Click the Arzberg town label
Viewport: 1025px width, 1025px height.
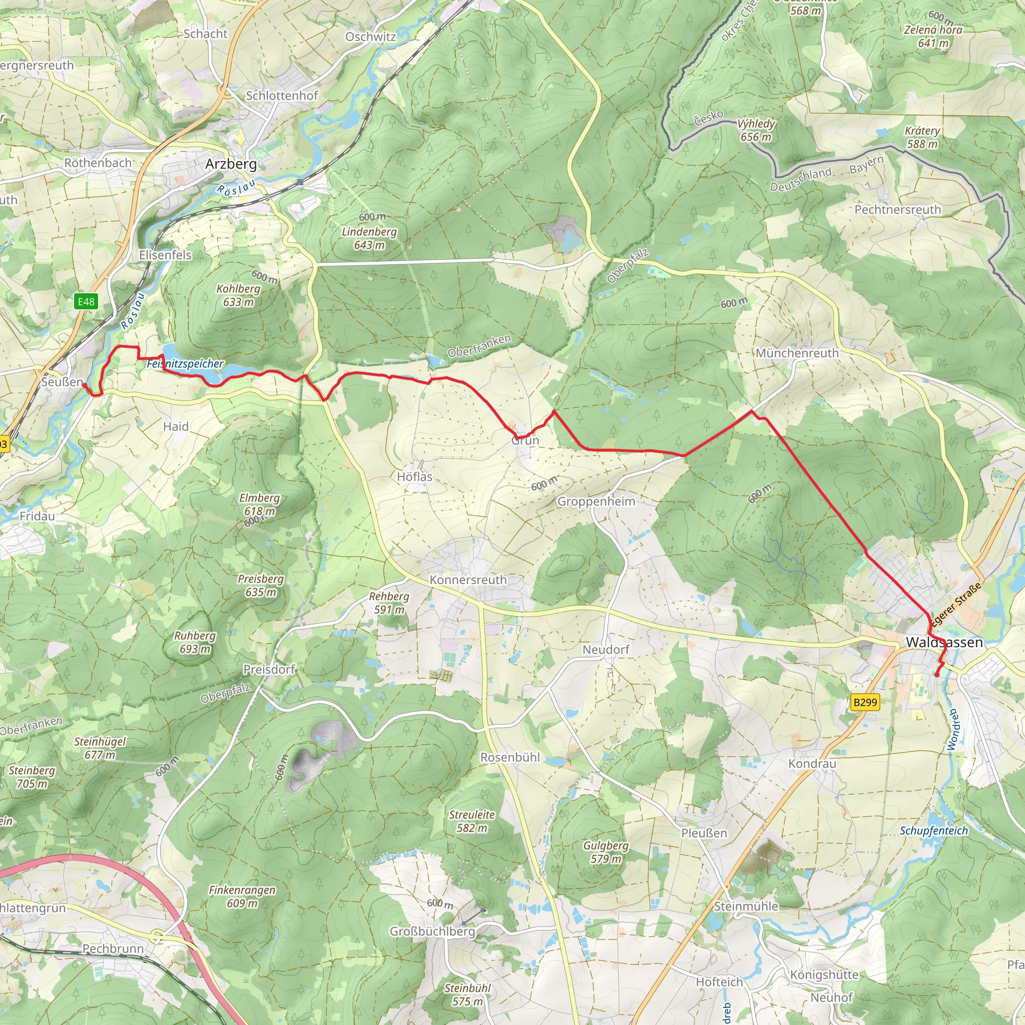coord(231,164)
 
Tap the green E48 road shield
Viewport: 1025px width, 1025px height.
coord(86,302)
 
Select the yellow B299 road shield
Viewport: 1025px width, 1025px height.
coord(865,702)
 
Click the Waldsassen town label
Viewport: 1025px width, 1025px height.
coord(944,642)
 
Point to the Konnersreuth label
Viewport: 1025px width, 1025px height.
coord(468,580)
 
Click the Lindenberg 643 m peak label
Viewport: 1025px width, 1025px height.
coord(369,238)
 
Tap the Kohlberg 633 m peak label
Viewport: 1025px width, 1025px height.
coord(238,295)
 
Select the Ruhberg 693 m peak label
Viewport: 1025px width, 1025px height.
coord(195,642)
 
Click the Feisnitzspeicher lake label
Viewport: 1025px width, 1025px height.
coord(185,364)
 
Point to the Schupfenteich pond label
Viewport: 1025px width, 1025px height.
coord(934,830)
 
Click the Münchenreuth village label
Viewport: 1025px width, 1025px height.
coord(797,353)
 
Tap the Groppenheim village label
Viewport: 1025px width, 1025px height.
coord(596,501)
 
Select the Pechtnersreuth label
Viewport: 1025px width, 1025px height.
coord(897,210)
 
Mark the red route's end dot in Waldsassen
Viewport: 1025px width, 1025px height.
coord(937,675)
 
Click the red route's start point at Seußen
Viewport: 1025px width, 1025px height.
coord(84,385)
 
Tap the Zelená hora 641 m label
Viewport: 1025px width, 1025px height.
coord(933,36)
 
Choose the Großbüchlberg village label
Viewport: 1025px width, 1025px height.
coord(432,931)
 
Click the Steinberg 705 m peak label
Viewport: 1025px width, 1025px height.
coord(32,777)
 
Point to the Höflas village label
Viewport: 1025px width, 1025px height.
coord(414,477)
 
